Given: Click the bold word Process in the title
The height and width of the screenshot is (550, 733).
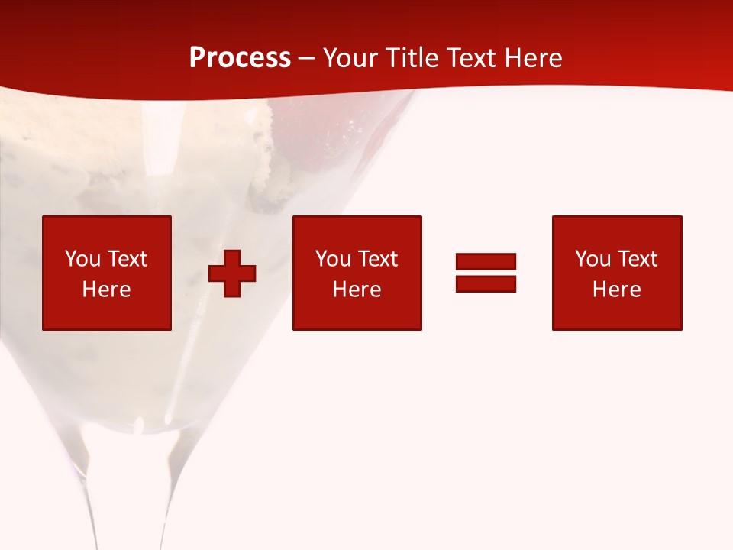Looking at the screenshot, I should (x=240, y=58).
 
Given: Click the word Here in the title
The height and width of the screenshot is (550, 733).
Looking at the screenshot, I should (x=534, y=58).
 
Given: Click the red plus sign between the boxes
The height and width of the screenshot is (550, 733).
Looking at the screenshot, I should (x=232, y=273).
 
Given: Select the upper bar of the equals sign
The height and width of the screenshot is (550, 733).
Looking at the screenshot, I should (x=486, y=261).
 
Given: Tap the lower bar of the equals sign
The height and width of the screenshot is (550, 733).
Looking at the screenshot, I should (x=486, y=283).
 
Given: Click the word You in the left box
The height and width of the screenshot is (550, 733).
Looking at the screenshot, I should (x=82, y=259).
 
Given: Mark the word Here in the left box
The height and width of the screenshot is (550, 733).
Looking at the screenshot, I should (x=106, y=290).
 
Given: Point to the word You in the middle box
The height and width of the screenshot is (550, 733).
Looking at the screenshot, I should (x=333, y=259).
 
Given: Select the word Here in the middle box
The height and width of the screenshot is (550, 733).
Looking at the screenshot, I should (x=357, y=290).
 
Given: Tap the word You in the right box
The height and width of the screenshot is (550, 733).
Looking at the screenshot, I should (x=593, y=259).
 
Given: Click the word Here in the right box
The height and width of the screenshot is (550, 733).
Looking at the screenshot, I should (x=616, y=290).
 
